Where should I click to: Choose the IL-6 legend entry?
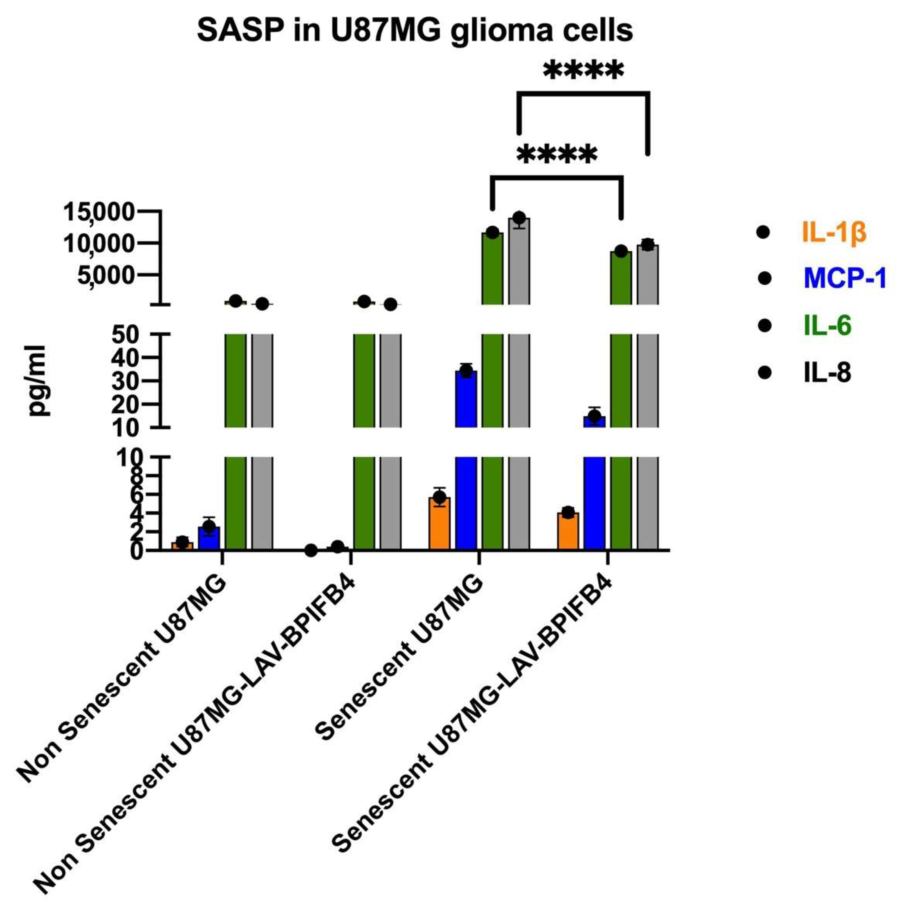827,326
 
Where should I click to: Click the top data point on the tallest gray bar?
519,218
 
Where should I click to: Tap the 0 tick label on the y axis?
136,551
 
